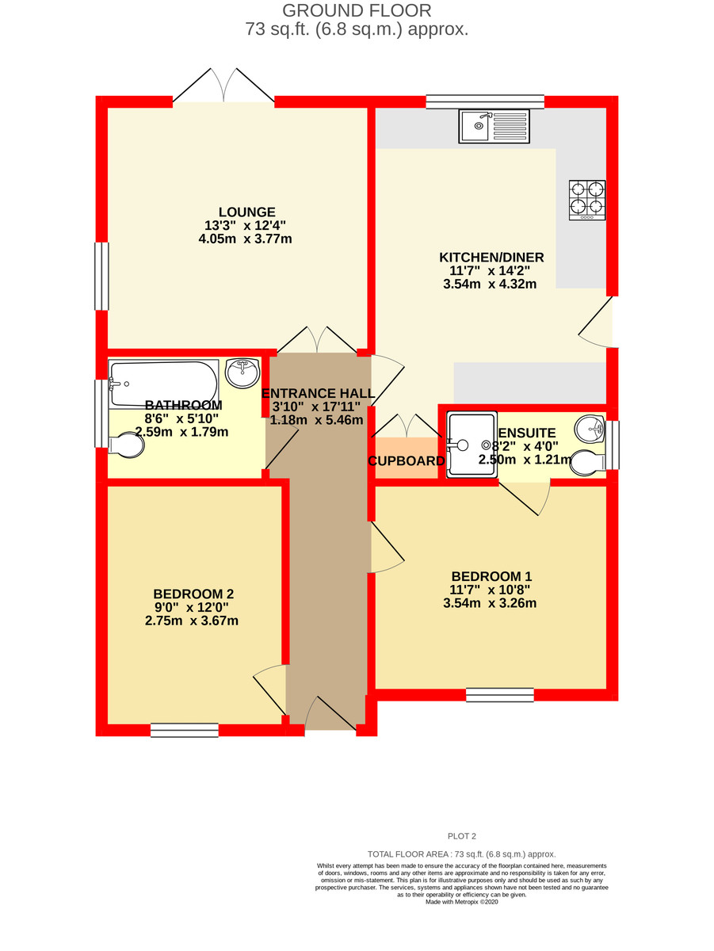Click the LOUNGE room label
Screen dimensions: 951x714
246,212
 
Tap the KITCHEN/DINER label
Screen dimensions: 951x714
491,258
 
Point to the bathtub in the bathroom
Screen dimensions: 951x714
163,384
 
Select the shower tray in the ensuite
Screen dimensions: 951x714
472,445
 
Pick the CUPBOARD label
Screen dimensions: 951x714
406,461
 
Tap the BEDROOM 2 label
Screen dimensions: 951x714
193,594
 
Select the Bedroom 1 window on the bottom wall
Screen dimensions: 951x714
499,695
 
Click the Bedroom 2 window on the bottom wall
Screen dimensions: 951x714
184,730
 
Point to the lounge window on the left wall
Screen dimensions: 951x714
101,276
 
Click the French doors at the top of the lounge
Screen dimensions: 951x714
224,87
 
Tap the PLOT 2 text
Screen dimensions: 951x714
461,835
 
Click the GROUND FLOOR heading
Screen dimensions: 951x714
357,11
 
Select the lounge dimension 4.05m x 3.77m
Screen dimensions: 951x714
246,239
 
